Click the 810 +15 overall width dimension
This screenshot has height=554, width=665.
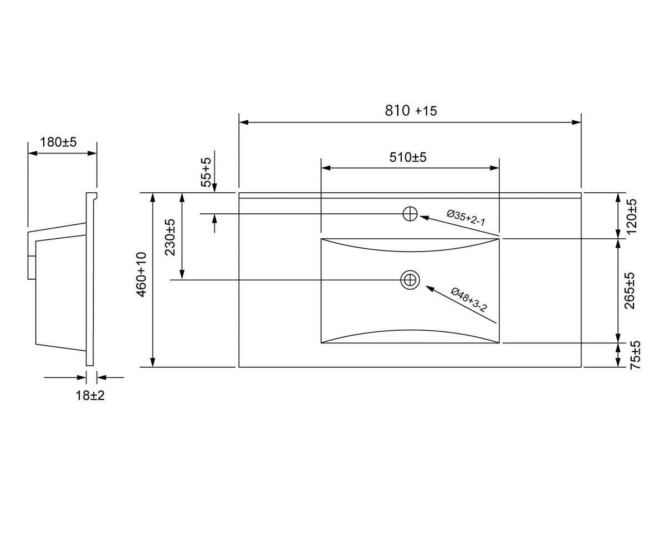point(411,110)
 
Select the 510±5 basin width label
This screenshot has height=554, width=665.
point(408,157)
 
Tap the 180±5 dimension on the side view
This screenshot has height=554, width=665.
point(58,142)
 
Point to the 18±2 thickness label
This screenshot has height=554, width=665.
point(90,396)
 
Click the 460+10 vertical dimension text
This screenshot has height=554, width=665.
point(141,274)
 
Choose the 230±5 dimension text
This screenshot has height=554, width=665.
point(170,237)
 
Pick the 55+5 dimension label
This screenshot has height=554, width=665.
point(206,172)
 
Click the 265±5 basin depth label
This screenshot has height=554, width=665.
point(630,291)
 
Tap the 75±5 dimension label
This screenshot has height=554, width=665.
point(636,355)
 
